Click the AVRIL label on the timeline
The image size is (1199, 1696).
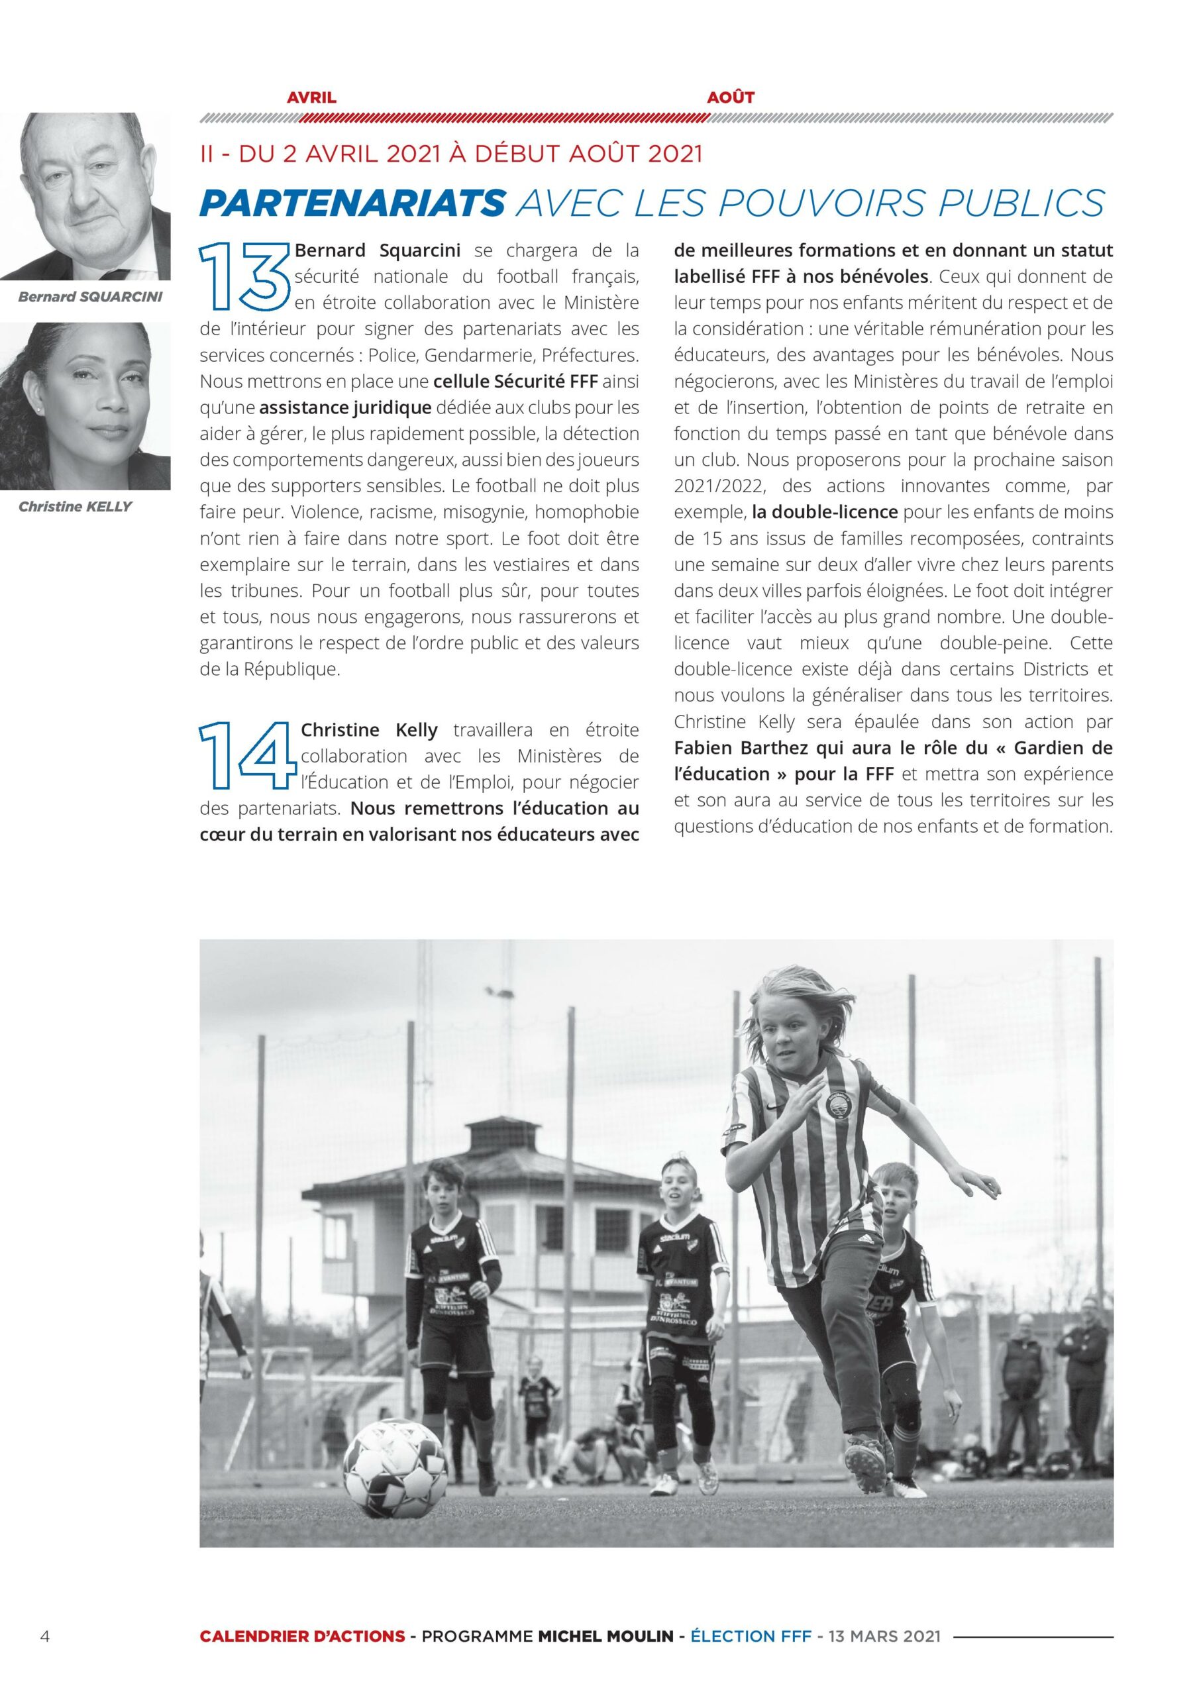point(311,97)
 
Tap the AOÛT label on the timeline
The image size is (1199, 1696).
point(730,97)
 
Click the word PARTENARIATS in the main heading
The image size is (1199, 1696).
point(352,203)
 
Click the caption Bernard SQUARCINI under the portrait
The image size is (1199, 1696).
point(89,297)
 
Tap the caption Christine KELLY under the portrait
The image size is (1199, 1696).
point(76,507)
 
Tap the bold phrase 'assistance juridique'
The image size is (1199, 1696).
point(345,407)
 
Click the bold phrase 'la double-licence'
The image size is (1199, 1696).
point(825,512)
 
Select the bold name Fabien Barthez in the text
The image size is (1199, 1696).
point(742,747)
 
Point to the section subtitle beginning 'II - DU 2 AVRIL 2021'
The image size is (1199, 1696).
point(450,154)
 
